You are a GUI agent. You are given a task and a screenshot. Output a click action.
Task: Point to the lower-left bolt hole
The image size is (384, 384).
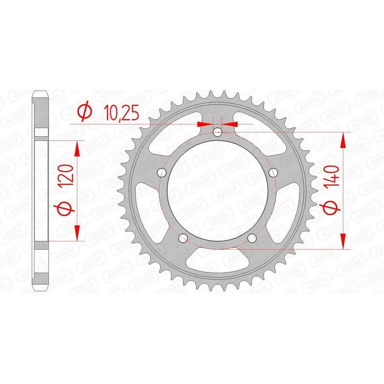point(182,239)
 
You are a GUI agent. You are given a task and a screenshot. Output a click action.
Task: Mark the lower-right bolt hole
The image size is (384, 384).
point(252,239)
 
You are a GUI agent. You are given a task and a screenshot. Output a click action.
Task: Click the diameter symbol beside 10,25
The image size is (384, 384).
point(83,112)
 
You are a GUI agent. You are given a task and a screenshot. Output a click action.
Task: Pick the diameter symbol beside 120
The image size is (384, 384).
point(66,207)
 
